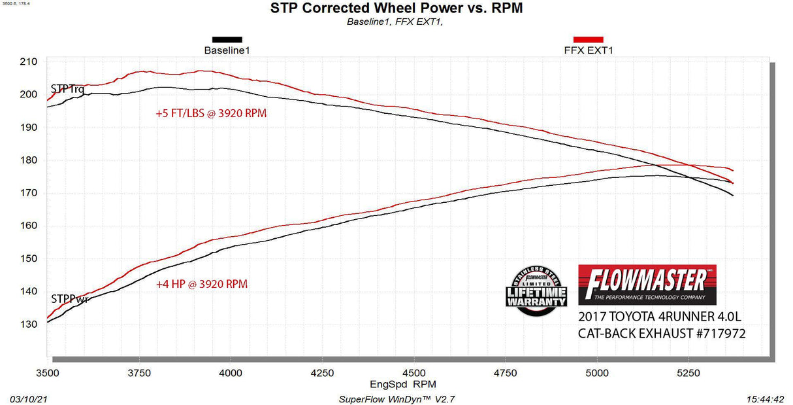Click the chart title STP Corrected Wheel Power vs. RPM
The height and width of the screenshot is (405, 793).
click(x=396, y=9)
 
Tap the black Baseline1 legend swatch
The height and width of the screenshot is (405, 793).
click(x=227, y=39)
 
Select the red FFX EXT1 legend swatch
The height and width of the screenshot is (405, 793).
click(x=588, y=39)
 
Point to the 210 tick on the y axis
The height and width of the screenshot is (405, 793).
click(x=28, y=62)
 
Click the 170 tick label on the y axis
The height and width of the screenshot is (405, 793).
click(x=28, y=193)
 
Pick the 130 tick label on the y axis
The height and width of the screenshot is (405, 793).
click(x=28, y=324)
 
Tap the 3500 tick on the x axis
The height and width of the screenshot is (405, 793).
click(x=48, y=373)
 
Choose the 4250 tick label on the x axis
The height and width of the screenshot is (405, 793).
click(x=322, y=373)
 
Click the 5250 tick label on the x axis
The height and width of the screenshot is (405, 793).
click(x=688, y=373)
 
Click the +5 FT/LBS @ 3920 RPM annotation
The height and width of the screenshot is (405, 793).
click(x=211, y=113)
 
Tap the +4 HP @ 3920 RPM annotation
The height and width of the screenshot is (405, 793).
click(x=201, y=285)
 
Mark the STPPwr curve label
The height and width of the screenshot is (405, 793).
click(x=69, y=300)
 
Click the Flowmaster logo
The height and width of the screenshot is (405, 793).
click(x=647, y=285)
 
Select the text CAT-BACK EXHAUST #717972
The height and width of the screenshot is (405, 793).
click(x=662, y=334)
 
